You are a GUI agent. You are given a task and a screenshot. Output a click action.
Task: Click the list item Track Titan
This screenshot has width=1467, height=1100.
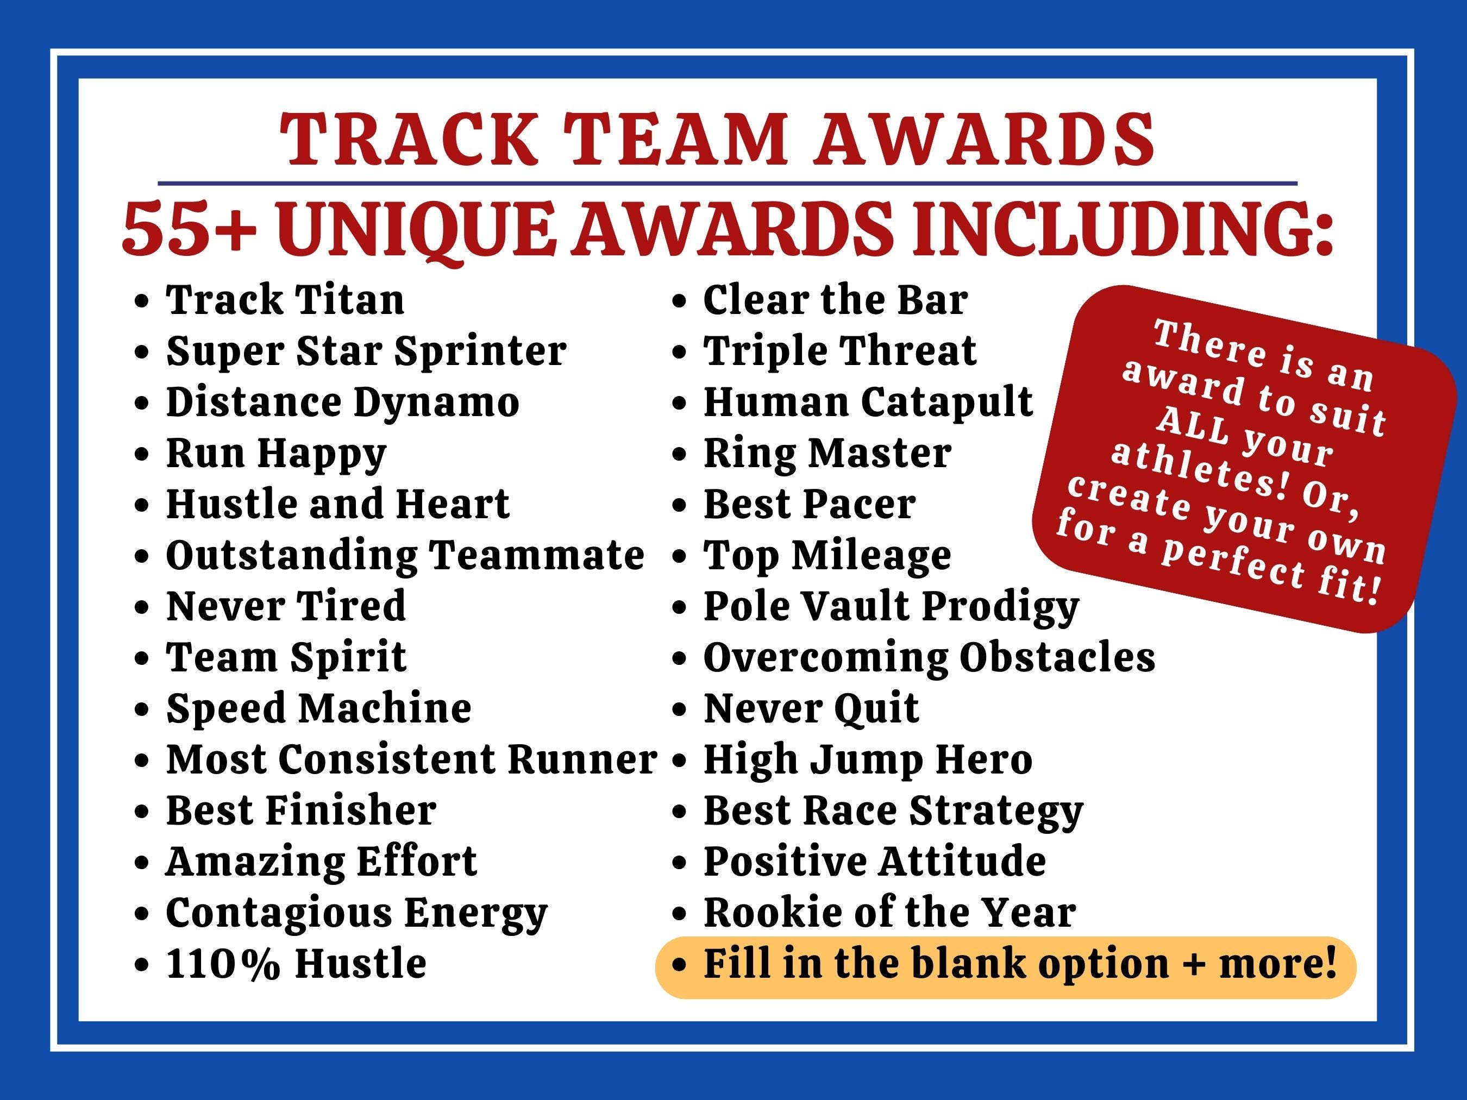(285, 300)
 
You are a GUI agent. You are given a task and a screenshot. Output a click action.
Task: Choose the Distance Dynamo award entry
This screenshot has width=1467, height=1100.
(342, 402)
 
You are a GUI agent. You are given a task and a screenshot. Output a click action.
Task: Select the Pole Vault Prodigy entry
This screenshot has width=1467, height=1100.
(891, 607)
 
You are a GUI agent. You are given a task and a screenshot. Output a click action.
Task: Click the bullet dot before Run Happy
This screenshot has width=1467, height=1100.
(141, 455)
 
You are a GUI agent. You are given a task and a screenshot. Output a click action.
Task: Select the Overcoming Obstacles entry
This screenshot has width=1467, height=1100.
(929, 658)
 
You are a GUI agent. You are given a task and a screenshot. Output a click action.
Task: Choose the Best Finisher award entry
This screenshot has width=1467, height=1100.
(300, 810)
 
